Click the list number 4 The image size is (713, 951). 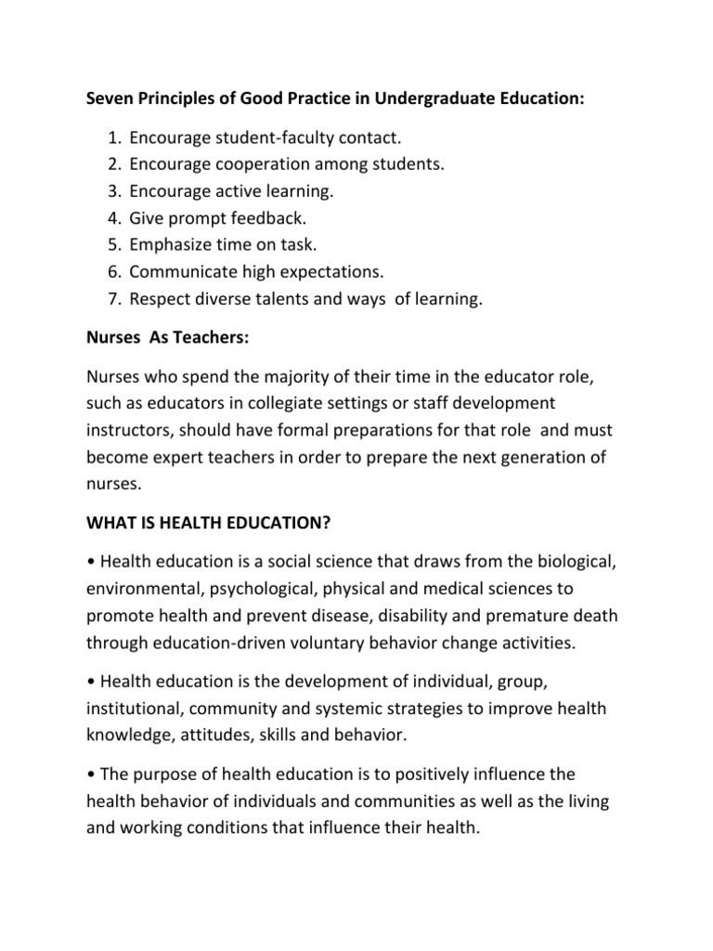(x=114, y=218)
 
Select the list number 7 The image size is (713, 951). (x=114, y=299)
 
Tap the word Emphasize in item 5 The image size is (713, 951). (x=170, y=245)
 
